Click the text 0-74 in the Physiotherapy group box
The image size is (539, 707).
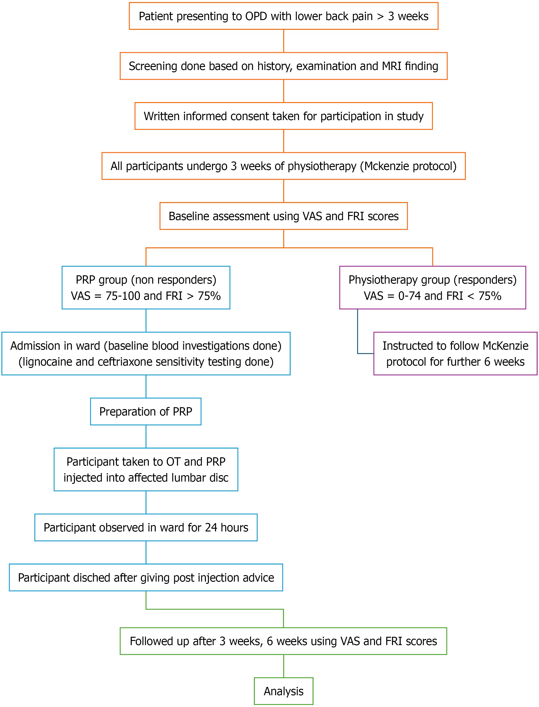pyautogui.click(x=409, y=296)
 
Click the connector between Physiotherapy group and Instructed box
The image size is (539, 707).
pyautogui.click(x=358, y=334)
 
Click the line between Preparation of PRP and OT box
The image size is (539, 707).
pyautogui.click(x=146, y=436)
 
